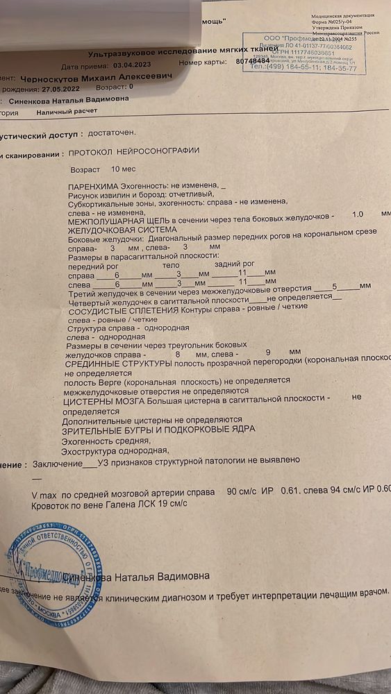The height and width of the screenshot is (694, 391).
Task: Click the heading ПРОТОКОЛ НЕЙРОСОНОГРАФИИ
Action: pyautogui.click(x=131, y=150)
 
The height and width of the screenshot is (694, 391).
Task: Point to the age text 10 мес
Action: pyautogui.click(x=123, y=169)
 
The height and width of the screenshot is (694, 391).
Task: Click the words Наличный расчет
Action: pyautogui.click(x=67, y=110)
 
